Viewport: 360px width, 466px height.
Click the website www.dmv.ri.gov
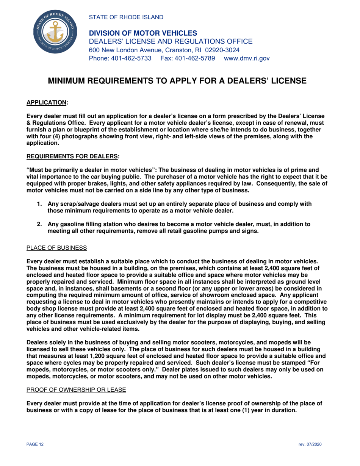click(x=247, y=58)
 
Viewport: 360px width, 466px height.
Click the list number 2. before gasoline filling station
click(x=39, y=224)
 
